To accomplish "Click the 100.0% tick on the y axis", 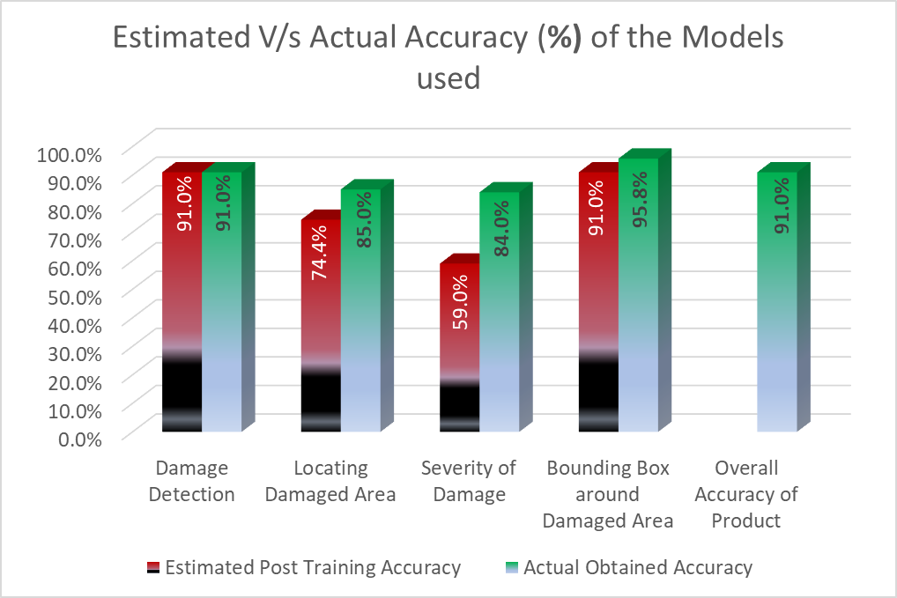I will [x=70, y=154].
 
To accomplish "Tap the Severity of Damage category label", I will [x=468, y=481].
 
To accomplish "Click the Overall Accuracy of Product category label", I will [x=745, y=494].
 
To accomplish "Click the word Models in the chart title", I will [x=718, y=39].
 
